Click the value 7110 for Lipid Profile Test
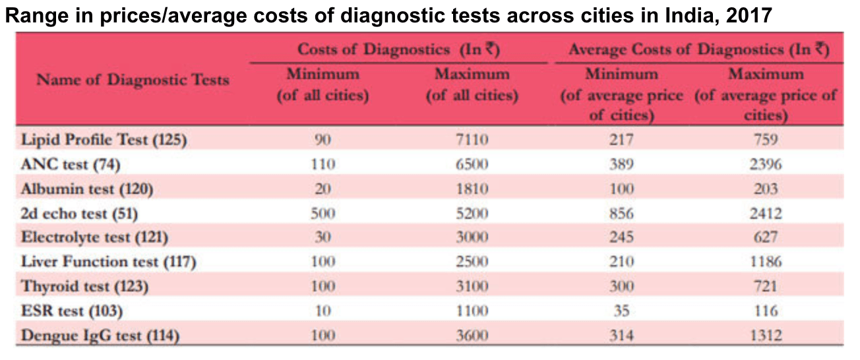[472, 139]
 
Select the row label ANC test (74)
[71, 164]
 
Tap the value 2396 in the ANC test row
[766, 164]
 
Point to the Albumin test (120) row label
[87, 189]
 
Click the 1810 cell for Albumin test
[472, 189]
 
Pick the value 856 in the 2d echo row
[621, 214]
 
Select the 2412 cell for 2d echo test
[766, 214]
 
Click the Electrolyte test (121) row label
[94, 237]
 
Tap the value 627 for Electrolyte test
[766, 237]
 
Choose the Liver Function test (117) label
[109, 262]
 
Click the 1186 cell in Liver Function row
[766, 262]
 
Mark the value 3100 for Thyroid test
[472, 286]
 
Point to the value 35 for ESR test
[621, 311]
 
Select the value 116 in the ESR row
[766, 311]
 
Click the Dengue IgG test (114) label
[100, 336]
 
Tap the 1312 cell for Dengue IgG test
[766, 336]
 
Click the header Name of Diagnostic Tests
[133, 80]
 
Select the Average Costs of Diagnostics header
[699, 50]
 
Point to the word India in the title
[690, 15]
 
